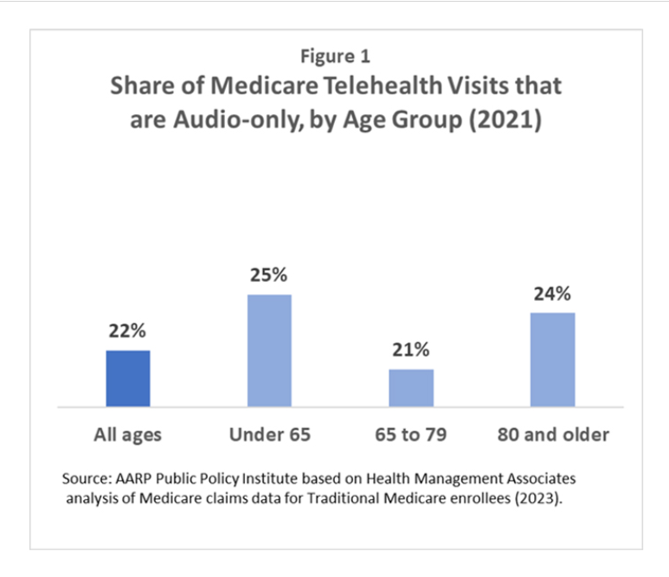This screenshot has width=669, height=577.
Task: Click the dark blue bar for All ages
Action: tap(128, 378)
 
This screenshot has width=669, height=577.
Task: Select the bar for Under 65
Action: tap(269, 350)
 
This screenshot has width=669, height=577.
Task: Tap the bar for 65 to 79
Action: tap(411, 388)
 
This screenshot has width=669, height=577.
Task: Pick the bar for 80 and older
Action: tap(552, 359)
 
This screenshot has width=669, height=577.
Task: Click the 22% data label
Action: tap(127, 331)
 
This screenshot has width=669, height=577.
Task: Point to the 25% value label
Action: tap(269, 276)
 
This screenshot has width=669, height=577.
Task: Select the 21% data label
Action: tap(411, 350)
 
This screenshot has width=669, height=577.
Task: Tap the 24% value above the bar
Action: tap(552, 294)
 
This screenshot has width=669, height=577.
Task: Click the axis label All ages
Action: tap(128, 434)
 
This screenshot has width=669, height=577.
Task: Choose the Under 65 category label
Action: tap(269, 434)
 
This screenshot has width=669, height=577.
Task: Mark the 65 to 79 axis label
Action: tap(411, 434)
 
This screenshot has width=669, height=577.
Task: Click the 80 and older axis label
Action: tap(552, 434)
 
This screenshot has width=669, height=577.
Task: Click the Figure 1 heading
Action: tap(335, 57)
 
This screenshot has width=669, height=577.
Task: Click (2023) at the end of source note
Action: tap(544, 498)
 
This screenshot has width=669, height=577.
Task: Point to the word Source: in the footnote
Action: tap(85, 478)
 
